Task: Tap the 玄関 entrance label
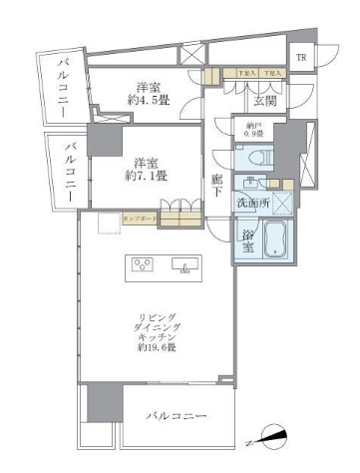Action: (265, 100)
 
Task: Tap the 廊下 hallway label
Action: (217, 186)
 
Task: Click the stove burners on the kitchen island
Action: (142, 265)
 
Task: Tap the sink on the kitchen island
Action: (183, 265)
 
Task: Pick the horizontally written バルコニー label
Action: (176, 414)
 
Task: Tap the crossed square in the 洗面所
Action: (285, 203)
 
